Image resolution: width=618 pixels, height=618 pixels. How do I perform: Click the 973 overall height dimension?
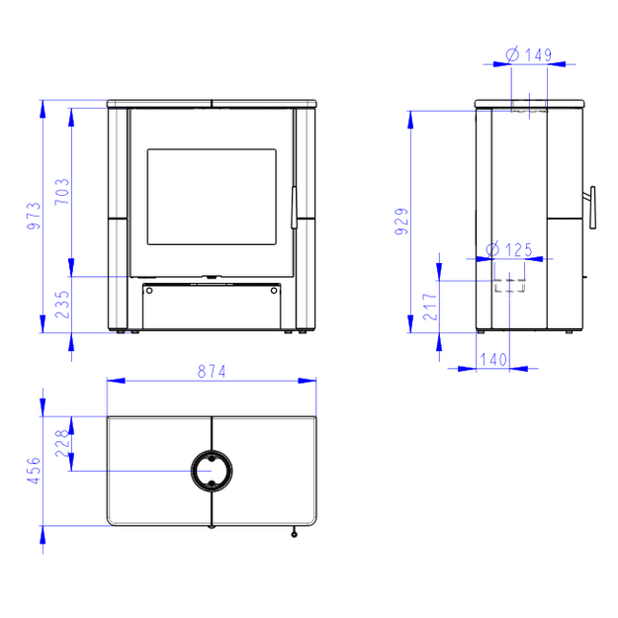click(34, 216)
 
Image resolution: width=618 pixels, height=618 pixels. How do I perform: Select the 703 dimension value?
click(62, 192)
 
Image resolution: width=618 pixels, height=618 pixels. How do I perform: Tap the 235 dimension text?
click(62, 305)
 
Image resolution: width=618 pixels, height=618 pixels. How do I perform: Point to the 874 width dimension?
click(212, 371)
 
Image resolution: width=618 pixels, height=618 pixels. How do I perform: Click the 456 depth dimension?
click(34, 471)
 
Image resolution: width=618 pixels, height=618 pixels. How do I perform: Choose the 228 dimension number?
click(62, 443)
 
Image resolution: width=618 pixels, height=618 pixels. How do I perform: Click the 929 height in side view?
click(402, 221)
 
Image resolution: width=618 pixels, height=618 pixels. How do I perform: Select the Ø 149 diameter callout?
click(529, 54)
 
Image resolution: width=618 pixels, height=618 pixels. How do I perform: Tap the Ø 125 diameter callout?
click(509, 249)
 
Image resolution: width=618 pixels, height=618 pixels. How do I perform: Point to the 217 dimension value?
click(430, 307)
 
